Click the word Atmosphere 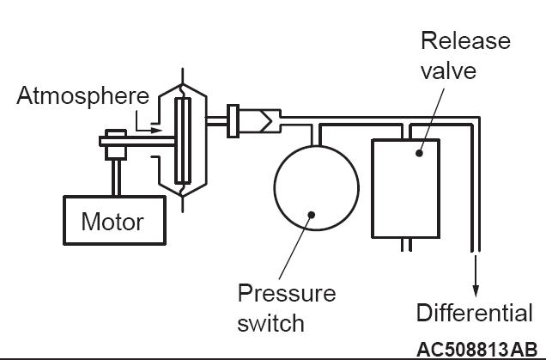pyautogui.click(x=83, y=96)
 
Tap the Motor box pyautogui.click(x=114, y=220)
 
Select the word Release pyautogui.click(x=465, y=40)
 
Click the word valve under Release pyautogui.click(x=448, y=70)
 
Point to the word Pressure pyautogui.click(x=287, y=293)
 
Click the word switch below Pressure pyautogui.click(x=270, y=323)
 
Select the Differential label pyautogui.click(x=474, y=312)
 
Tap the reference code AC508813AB pyautogui.click(x=476, y=350)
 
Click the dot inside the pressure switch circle pyautogui.click(x=312, y=215)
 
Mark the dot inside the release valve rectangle pyautogui.click(x=419, y=153)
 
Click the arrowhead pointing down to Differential pyautogui.click(x=476, y=291)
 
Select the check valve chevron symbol pyautogui.click(x=266, y=121)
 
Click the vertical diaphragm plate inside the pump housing pyautogui.click(x=183, y=140)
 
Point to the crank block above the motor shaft pyautogui.click(x=116, y=144)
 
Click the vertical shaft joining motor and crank pyautogui.click(x=116, y=178)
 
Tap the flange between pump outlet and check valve pyautogui.click(x=233, y=121)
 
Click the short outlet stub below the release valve pyautogui.click(x=406, y=245)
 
